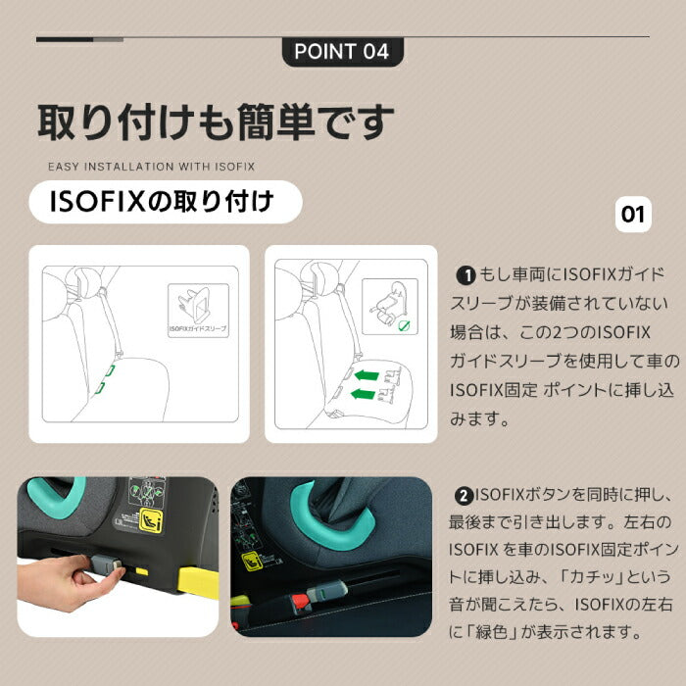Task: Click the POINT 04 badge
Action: click(342, 51)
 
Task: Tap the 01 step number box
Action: click(634, 214)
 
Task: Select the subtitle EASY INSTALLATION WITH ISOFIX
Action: click(151, 168)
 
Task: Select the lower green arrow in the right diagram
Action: click(364, 394)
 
